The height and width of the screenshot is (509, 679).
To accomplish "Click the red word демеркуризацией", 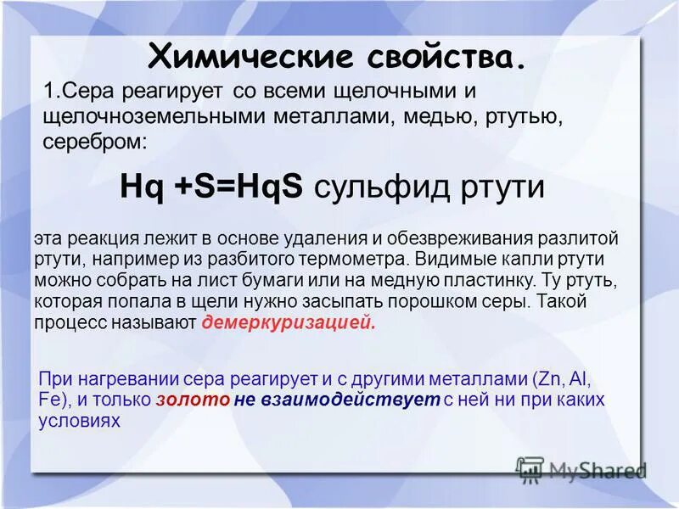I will coord(288,323).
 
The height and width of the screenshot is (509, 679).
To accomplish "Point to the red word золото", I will coord(193,400).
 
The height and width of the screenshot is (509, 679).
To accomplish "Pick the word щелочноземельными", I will coord(154,116).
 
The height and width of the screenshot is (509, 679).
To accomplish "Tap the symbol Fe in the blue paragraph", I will coord(49,400).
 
